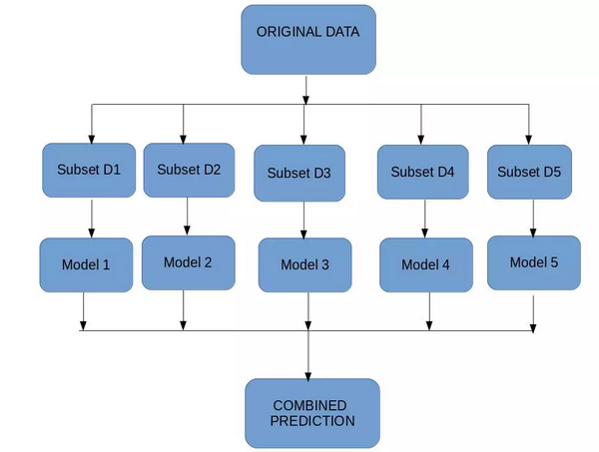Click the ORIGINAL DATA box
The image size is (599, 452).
tap(308, 40)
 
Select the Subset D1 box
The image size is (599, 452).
tap(89, 171)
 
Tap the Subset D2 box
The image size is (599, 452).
tap(189, 171)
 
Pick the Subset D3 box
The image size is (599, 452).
tap(299, 174)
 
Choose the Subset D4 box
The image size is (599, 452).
tap(423, 172)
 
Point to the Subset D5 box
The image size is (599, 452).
tap(529, 172)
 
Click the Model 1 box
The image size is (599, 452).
tap(86, 265)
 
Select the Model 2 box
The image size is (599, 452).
tap(189, 262)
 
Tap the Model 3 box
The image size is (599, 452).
tap(304, 265)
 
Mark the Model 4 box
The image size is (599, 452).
tap(426, 265)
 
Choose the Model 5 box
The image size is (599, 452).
tap(534, 262)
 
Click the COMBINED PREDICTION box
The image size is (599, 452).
tap(312, 413)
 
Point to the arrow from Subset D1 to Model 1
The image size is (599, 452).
tap(91, 219)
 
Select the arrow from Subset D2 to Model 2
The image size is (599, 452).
tap(187, 217)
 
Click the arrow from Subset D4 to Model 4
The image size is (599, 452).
tap(425, 219)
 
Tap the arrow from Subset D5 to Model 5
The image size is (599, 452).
tap(533, 219)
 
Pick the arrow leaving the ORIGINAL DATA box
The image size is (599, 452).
tap(305, 90)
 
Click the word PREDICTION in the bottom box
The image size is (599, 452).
tap(312, 421)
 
